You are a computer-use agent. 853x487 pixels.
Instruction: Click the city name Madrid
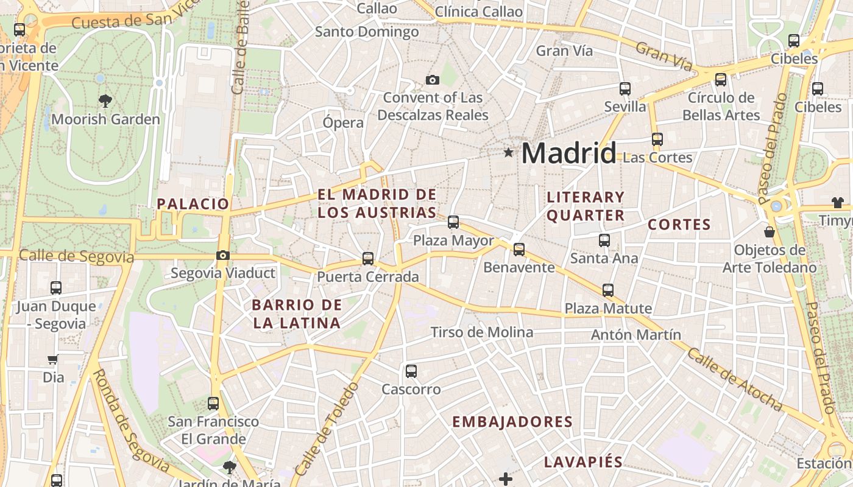[568, 153]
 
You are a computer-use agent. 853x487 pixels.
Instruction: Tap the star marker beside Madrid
[508, 152]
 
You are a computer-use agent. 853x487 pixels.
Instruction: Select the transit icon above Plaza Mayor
[453, 222]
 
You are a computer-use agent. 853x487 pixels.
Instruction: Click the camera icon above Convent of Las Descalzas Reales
[433, 80]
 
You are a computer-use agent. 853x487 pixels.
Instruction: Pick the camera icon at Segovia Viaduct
[223, 256]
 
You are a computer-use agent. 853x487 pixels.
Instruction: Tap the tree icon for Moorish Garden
[105, 101]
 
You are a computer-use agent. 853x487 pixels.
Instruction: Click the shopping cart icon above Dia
[54, 360]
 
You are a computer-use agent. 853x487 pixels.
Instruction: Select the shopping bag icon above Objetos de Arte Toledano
[770, 232]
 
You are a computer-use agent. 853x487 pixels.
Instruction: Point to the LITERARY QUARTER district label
[586, 206]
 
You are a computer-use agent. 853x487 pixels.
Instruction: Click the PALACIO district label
[193, 204]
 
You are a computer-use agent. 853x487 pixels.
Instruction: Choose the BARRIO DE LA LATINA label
[297, 314]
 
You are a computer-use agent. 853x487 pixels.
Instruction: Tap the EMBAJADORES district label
[512, 422]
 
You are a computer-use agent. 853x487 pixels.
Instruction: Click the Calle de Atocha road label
[734, 379]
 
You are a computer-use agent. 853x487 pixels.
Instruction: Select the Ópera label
[343, 122]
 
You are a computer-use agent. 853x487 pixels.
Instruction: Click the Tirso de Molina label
[482, 332]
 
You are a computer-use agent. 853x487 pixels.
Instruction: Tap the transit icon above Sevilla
[625, 89]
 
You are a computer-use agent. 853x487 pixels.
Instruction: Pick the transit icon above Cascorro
[411, 371]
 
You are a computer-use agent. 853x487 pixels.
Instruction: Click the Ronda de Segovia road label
[130, 420]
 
